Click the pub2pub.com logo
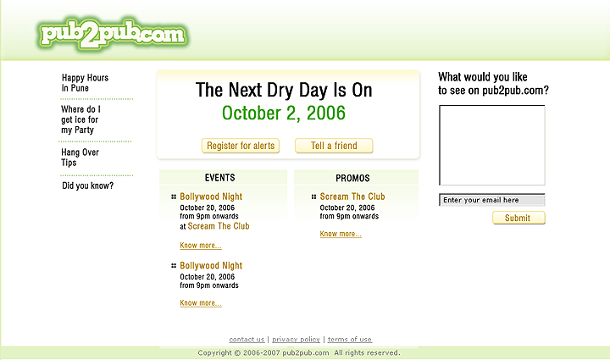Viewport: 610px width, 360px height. (113, 33)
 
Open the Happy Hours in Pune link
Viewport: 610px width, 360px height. (85, 83)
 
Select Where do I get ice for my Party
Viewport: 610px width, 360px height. (80, 119)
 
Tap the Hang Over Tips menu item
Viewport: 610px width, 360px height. (80, 157)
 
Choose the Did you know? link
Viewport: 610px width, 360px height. (87, 186)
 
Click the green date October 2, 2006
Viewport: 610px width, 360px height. (284, 114)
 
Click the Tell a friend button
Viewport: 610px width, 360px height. (334, 146)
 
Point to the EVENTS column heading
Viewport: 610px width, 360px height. (219, 178)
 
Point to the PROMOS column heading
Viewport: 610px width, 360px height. (352, 178)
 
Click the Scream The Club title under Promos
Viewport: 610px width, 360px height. (352, 197)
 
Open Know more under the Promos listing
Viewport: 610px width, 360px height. (341, 234)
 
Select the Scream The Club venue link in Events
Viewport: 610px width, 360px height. (219, 226)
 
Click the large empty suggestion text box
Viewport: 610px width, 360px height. (492, 145)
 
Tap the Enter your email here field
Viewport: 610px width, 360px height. (492, 200)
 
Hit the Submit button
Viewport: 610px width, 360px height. (518, 218)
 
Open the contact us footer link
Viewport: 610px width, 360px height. (247, 340)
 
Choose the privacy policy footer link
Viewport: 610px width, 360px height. (296, 340)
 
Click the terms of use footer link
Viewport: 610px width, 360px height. (349, 340)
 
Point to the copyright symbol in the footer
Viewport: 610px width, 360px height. (237, 353)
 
